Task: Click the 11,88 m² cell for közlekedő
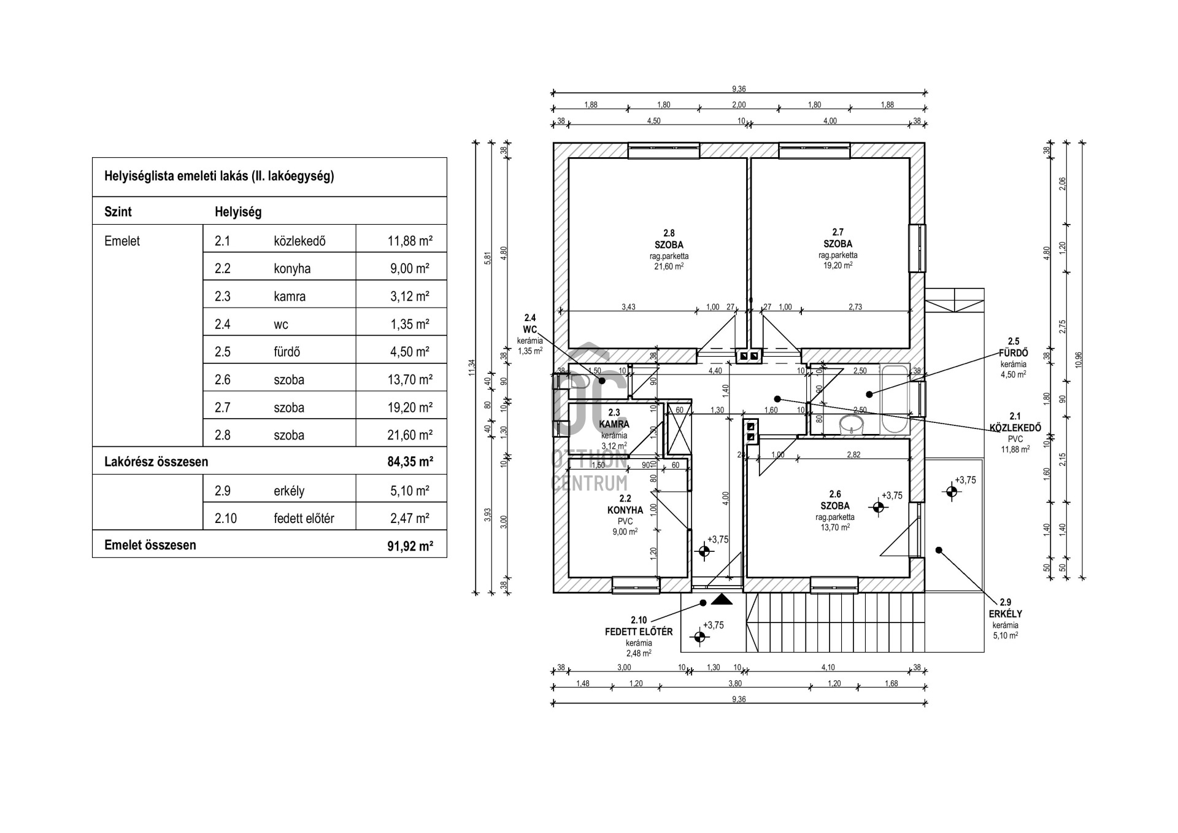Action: [409, 241]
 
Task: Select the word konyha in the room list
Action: [292, 269]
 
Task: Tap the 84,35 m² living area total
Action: [410, 462]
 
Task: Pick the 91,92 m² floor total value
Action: [410, 545]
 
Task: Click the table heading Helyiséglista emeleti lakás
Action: [219, 176]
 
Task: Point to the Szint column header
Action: [118, 212]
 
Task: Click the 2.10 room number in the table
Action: [225, 519]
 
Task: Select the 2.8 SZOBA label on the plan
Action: [669, 239]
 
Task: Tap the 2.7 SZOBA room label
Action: [837, 238]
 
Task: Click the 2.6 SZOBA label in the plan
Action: [835, 500]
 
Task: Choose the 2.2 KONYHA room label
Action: [625, 505]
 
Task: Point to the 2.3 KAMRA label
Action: [614, 419]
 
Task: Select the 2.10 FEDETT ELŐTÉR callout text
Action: [639, 626]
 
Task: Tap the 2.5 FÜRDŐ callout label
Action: [1013, 347]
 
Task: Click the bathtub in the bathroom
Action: [895, 399]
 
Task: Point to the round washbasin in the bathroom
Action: [851, 423]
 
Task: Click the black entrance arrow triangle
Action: [722, 599]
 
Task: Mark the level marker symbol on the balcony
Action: [951, 491]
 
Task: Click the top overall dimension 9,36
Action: [739, 89]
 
